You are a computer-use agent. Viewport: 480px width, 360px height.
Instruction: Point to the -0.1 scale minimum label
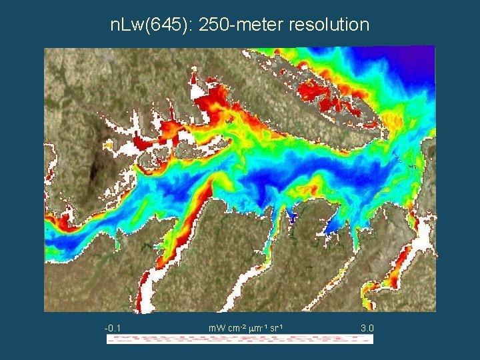[112, 328]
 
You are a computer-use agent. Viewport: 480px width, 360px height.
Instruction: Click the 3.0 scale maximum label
[367, 328]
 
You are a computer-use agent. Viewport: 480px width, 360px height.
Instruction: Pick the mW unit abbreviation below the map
[217, 328]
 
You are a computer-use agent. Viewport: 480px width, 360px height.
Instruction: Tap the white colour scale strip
[240, 339]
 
